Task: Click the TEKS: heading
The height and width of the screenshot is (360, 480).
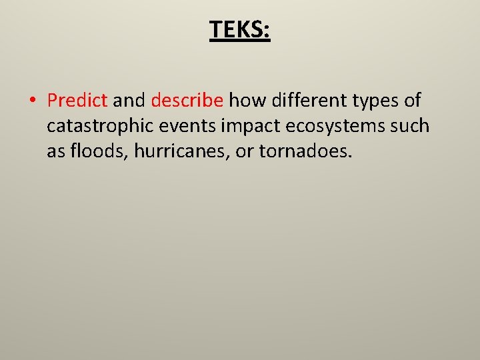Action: (x=240, y=29)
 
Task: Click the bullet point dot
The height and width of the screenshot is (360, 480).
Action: (x=32, y=101)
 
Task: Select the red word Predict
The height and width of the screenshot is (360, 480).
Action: (x=77, y=101)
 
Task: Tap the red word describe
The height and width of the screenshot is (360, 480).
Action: (x=187, y=101)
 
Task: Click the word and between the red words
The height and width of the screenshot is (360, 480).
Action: (x=129, y=101)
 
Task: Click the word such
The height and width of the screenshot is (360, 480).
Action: (x=411, y=126)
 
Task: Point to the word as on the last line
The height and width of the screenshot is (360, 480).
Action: (x=55, y=152)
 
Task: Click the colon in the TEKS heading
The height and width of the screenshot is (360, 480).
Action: (x=267, y=31)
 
